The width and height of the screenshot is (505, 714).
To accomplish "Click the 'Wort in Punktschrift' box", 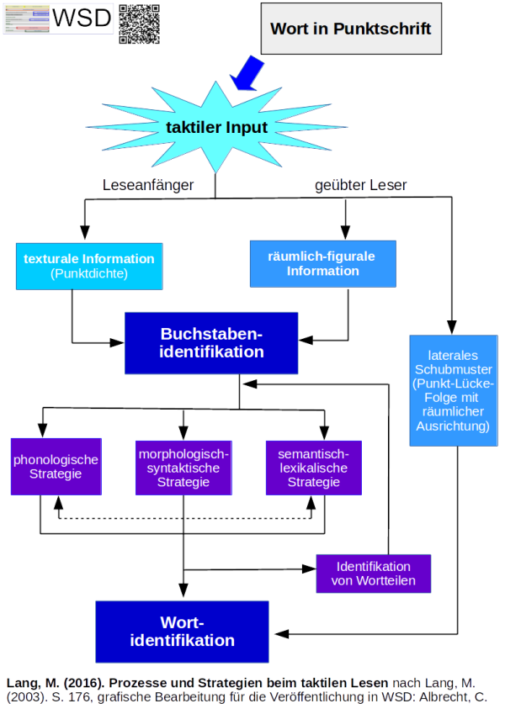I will [350, 29].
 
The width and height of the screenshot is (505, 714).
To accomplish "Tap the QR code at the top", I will [139, 24].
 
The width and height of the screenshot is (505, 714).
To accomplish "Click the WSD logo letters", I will [82, 18].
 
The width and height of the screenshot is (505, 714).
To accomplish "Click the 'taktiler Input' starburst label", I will [216, 128].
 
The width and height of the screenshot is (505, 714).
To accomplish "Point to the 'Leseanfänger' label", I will [148, 185].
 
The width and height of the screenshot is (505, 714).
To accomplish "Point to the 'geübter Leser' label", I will [360, 185].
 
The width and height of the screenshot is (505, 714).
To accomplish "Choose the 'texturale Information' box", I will [88, 266].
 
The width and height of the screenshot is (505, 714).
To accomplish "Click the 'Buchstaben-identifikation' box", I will [211, 342].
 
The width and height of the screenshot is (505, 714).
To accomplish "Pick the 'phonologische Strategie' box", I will [56, 466].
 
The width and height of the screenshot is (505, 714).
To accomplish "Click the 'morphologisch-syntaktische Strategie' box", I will [183, 468].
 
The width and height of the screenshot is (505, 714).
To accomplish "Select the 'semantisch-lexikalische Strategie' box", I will [313, 468].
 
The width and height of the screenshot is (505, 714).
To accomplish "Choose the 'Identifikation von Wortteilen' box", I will [373, 574].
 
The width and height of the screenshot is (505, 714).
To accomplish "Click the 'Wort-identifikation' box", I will [182, 632].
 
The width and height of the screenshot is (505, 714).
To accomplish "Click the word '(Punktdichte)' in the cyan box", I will [88, 273].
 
